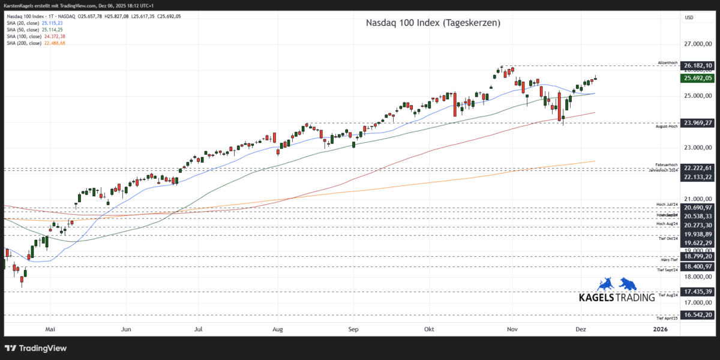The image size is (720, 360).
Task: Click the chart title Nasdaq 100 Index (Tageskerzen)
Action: coord(433,23)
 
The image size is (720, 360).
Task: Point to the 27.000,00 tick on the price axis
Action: coord(698,44)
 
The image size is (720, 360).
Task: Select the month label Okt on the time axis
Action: coord(429,329)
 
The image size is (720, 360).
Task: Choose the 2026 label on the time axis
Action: coord(659,329)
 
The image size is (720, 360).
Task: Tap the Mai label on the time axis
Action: coord(50,329)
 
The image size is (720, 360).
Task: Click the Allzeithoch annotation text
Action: coord(668,62)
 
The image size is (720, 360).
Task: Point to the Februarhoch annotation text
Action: coord(667,164)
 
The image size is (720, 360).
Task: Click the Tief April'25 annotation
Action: coord(667,319)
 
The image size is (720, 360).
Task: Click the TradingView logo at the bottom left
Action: coord(36,348)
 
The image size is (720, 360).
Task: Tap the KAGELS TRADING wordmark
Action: coord(616,298)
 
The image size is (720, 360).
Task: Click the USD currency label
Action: coord(689,17)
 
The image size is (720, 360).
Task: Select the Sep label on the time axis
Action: coord(353,329)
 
